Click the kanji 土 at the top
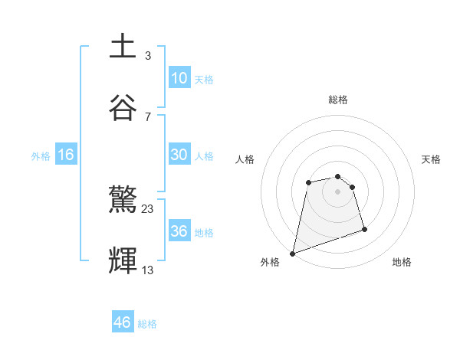point(123,45)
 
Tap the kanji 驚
point(123,201)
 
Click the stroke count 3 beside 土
point(147,55)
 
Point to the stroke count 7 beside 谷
point(147,116)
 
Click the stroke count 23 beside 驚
point(148,209)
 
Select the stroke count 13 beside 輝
point(148,270)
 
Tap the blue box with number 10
point(179,77)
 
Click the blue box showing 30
point(179,154)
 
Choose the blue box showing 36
point(179,231)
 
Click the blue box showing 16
point(66,155)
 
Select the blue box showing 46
point(123,322)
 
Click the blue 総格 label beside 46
point(147,324)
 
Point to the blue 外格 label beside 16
point(41,156)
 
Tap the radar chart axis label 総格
point(337,100)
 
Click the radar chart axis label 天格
point(431,159)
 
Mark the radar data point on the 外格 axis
point(292,253)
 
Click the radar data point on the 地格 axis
point(364,229)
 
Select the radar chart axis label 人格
point(245,159)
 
